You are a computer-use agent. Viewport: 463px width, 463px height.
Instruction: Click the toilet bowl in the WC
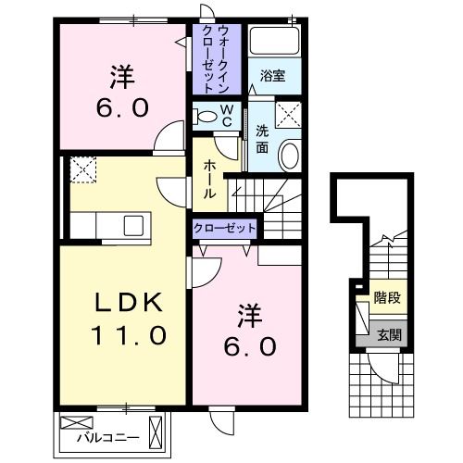206,117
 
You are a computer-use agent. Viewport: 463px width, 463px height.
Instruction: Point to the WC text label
228,117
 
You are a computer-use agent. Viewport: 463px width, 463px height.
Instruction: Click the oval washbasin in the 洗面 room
289,155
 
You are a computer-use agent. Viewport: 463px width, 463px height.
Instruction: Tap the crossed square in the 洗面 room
290,115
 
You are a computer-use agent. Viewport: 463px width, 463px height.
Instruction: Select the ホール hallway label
210,178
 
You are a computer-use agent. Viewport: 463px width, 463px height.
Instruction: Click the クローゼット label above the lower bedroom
225,227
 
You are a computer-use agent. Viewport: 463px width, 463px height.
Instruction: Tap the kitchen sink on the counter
132,225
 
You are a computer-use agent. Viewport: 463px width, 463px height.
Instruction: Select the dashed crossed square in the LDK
82,169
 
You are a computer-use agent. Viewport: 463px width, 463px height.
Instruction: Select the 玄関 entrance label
388,334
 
